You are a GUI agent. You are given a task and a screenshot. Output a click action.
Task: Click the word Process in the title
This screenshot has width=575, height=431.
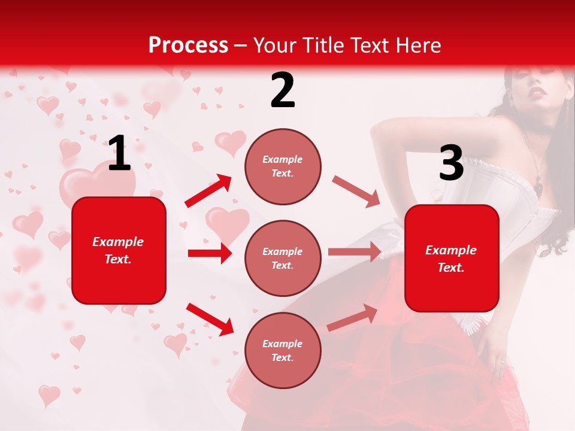(188, 45)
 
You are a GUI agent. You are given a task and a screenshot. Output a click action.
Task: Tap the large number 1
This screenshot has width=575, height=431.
(119, 153)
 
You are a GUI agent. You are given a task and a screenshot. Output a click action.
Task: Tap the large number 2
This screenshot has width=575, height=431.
(283, 90)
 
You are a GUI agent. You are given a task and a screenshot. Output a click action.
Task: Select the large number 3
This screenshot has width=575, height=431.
(451, 163)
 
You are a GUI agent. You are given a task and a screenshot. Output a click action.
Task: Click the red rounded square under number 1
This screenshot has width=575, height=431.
(119, 250)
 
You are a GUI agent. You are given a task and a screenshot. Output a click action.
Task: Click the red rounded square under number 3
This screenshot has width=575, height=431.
(452, 258)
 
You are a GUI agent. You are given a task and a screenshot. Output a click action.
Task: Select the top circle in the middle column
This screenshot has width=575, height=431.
(283, 166)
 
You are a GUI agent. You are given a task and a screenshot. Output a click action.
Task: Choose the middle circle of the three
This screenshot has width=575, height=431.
(283, 258)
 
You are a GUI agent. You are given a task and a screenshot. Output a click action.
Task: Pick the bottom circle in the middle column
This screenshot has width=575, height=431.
(283, 350)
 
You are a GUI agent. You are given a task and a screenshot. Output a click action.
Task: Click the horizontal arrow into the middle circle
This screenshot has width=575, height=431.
(210, 253)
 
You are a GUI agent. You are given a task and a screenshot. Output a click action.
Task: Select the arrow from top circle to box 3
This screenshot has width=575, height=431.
(356, 191)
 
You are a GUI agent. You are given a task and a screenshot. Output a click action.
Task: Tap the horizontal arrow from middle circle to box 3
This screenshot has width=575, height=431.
(355, 252)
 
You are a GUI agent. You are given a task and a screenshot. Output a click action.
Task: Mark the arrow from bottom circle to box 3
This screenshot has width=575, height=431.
(352, 317)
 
